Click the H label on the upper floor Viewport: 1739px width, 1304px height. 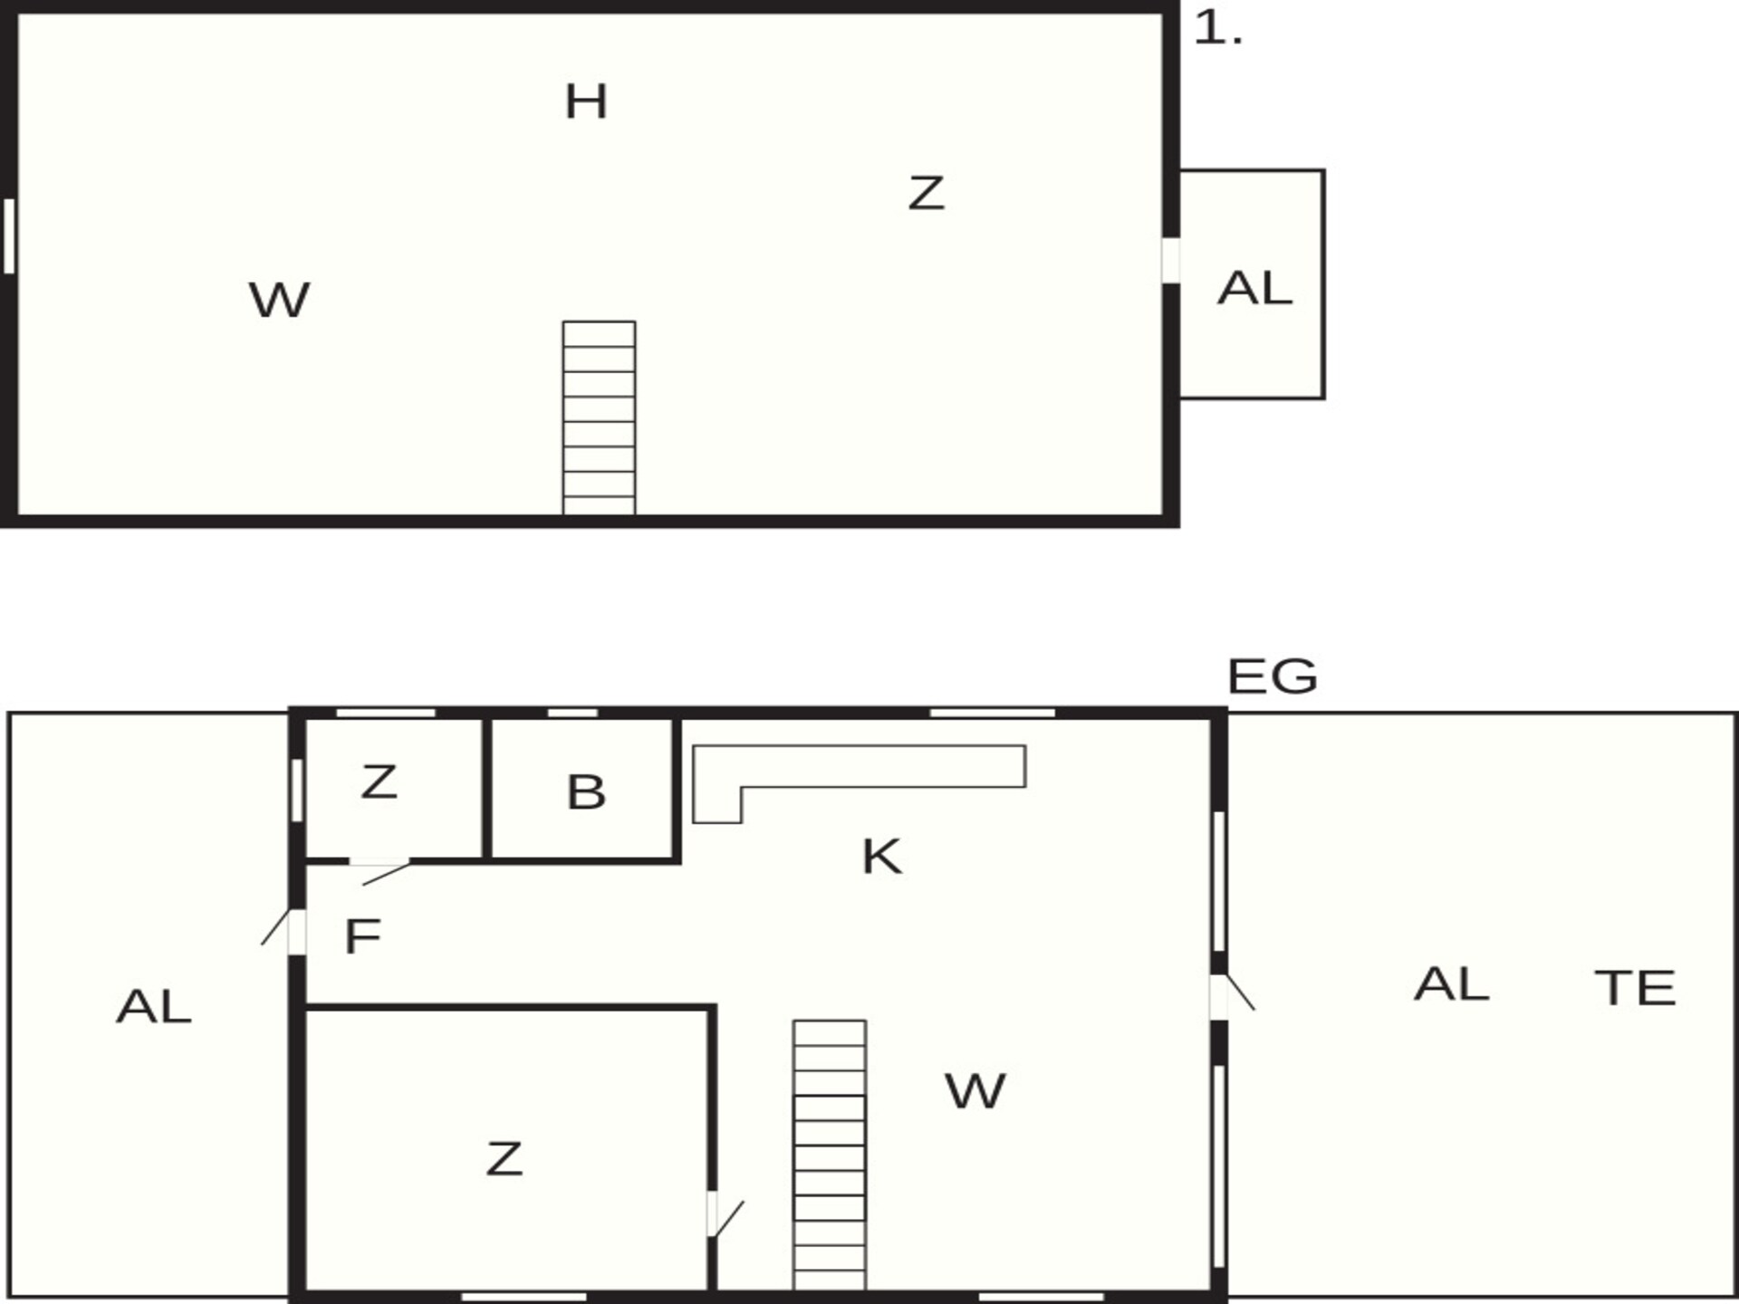(586, 101)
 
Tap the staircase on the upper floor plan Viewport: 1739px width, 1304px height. (599, 417)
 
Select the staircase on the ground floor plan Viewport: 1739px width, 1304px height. (830, 1155)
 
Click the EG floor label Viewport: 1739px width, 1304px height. (1272, 676)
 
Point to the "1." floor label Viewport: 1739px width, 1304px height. (1218, 29)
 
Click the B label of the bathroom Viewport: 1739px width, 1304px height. (586, 792)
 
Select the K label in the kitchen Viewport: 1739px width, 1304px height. (882, 857)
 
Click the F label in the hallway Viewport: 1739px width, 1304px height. (362, 936)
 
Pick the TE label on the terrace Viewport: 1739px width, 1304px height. (1635, 988)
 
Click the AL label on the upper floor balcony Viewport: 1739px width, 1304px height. (1254, 289)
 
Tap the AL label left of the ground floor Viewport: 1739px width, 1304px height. (154, 1007)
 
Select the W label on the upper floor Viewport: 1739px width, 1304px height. (279, 301)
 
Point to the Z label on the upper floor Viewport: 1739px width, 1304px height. (926, 194)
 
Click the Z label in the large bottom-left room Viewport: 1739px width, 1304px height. (504, 1160)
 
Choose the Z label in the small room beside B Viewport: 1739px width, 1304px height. (379, 782)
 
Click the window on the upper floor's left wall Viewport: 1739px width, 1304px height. (9, 236)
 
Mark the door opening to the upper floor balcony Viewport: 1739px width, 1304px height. (1171, 261)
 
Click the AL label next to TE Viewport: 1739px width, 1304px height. (1451, 984)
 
